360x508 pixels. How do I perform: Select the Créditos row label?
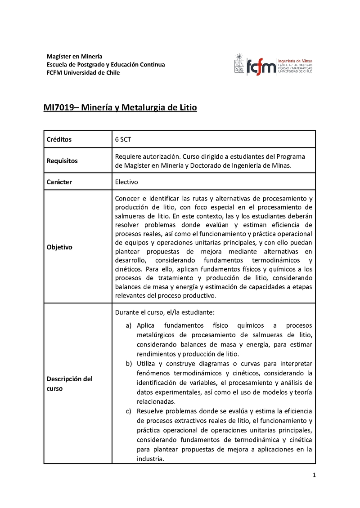(59, 139)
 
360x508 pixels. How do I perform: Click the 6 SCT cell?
(123, 139)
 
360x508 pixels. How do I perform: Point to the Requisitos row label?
(62, 160)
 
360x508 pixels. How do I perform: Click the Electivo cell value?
(126, 182)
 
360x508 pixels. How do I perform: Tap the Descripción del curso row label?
(70, 383)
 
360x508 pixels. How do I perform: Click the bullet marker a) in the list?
(129, 325)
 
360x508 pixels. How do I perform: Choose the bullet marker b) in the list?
(129, 363)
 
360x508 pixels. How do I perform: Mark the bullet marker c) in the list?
(129, 411)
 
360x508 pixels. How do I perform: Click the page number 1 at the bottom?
(314, 475)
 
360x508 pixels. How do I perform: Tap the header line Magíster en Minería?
(75, 56)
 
